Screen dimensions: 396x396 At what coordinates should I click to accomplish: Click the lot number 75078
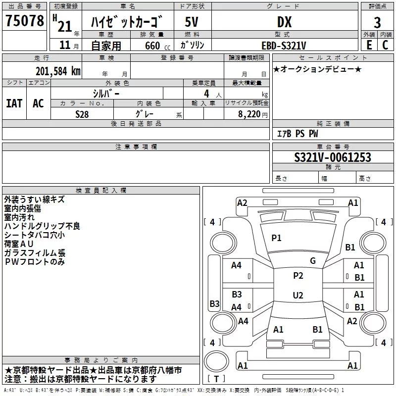tap(25, 20)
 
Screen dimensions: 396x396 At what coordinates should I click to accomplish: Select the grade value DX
tap(284, 22)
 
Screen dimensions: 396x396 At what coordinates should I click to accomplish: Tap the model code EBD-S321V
tap(284, 46)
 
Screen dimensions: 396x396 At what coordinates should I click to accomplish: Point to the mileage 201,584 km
tap(58, 71)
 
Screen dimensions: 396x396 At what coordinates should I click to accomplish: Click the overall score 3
tap(377, 23)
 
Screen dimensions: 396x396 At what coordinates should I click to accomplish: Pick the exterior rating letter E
tap(369, 45)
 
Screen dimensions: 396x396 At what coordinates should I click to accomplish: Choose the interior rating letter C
tap(385, 45)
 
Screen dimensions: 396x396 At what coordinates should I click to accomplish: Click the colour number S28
tap(82, 114)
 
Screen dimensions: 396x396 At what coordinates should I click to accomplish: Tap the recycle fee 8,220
tap(249, 114)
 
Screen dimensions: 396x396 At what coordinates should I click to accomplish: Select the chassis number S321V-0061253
tap(333, 157)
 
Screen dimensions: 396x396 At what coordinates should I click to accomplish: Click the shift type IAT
tap(14, 103)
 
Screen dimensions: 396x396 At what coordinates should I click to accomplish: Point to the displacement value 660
tap(152, 46)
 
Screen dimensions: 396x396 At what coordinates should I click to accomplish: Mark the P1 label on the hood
tap(276, 238)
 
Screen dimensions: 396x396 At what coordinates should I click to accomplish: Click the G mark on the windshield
tap(313, 261)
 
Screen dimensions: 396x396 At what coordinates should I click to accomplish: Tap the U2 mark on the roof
tap(298, 295)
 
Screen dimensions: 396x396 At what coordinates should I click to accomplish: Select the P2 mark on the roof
tap(298, 276)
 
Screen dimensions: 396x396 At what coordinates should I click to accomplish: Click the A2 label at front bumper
tap(242, 203)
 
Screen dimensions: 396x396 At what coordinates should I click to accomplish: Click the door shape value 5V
tap(192, 22)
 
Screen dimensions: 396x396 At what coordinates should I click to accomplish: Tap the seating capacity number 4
tap(206, 94)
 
